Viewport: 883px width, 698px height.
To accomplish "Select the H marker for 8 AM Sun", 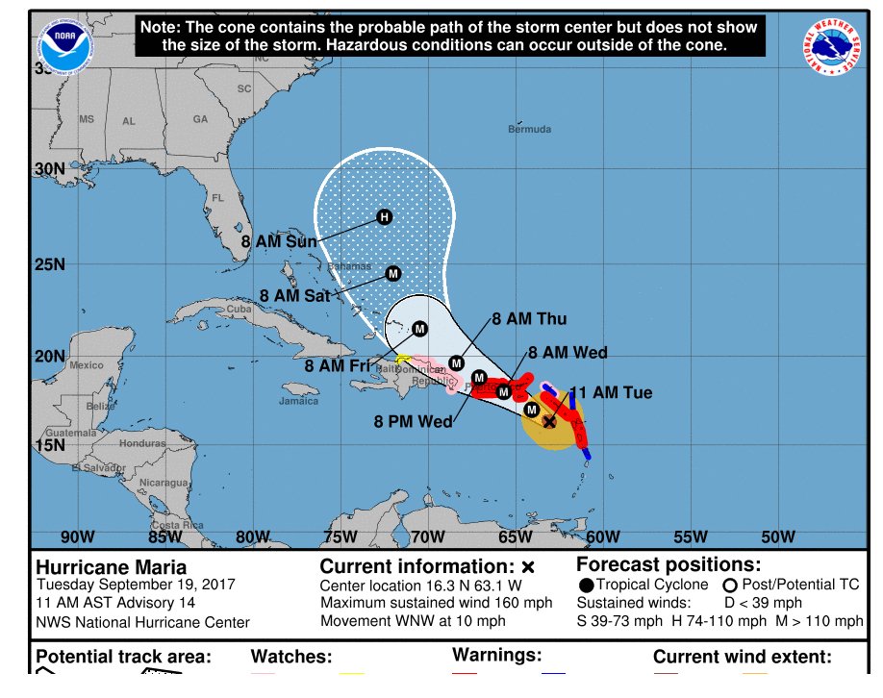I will (x=385, y=216).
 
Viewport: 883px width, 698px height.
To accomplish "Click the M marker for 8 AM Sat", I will (x=392, y=274).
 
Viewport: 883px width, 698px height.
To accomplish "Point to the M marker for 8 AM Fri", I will (x=419, y=329).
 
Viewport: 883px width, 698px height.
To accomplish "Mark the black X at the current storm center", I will (x=549, y=421).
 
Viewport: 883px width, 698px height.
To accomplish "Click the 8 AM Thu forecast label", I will (x=529, y=319).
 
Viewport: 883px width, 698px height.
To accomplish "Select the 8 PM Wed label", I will (x=414, y=420).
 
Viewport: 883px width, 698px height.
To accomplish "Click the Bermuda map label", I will (x=529, y=129).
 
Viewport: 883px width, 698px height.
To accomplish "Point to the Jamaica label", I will (x=299, y=401).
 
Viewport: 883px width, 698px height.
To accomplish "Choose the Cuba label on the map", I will (x=238, y=310).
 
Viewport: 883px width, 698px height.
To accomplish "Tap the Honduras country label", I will (x=143, y=444).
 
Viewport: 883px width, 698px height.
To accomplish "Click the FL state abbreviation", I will (x=217, y=198).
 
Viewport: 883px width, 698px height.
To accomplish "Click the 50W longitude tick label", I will (x=777, y=536).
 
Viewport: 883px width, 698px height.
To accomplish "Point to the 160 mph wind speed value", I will (x=523, y=604).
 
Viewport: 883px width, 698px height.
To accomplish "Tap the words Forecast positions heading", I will (x=669, y=564).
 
